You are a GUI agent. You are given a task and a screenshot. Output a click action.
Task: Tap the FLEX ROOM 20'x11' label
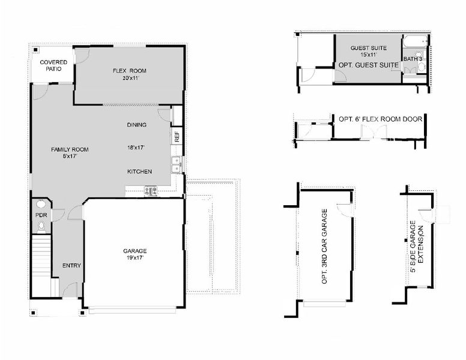pos(129,74)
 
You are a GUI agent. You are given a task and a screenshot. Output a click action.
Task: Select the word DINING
pos(137,125)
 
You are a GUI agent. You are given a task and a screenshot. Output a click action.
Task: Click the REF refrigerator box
pos(177,136)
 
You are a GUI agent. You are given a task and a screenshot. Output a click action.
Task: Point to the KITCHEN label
pos(139,172)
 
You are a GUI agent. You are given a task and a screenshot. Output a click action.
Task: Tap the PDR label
pos(41,214)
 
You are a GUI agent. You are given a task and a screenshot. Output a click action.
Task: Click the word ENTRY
pos(71,266)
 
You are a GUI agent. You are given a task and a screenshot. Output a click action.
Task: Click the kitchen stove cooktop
pos(150,191)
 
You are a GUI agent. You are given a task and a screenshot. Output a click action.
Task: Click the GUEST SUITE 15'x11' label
pos(369,52)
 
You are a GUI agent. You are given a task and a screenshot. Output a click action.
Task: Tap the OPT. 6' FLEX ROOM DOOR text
pos(380,119)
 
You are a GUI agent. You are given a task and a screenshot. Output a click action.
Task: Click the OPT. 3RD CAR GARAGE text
pos(325,247)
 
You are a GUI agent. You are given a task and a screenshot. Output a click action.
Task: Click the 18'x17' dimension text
pos(137,146)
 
